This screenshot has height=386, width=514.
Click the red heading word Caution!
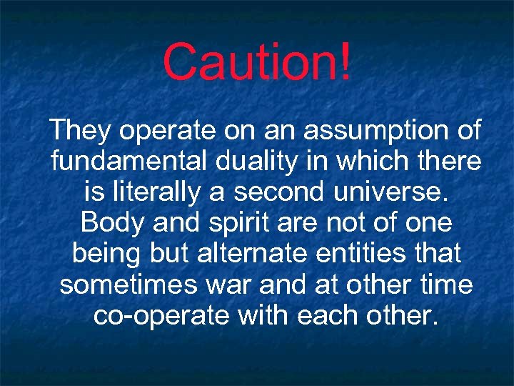click(x=257, y=62)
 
